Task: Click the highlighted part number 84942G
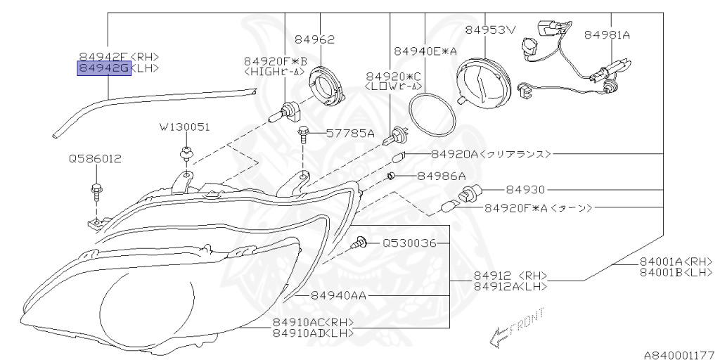[103, 68]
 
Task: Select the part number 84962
[314, 40]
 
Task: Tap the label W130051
[184, 127]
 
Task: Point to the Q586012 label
[95, 159]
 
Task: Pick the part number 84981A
[607, 34]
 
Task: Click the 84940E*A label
[425, 51]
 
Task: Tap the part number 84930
[526, 190]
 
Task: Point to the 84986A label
[441, 176]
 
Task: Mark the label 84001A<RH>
[676, 261]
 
